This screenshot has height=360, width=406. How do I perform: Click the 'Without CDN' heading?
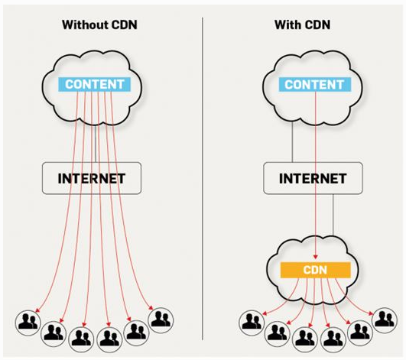pyautogui.click(x=99, y=25)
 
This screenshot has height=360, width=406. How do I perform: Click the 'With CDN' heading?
pyautogui.click(x=303, y=25)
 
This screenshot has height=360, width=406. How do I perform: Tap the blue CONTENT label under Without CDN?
pyautogui.click(x=95, y=84)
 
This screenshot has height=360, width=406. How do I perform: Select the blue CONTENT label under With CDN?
pyautogui.click(x=315, y=84)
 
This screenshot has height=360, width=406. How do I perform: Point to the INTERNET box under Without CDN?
pyautogui.click(x=92, y=178)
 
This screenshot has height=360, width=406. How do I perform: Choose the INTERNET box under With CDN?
pyautogui.click(x=313, y=178)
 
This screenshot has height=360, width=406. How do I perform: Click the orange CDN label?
pyautogui.click(x=316, y=270)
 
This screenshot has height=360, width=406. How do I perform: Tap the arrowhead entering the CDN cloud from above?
pyautogui.click(x=315, y=257)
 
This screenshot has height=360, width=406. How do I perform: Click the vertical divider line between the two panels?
pyautogui.click(x=203, y=179)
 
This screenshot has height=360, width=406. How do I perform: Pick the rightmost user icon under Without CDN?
pyautogui.click(x=161, y=320)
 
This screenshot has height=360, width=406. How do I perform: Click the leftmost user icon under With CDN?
pyautogui.click(x=252, y=323)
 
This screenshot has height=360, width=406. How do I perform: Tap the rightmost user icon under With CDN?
pyautogui.click(x=385, y=320)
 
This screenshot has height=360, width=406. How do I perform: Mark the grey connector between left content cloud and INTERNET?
pyautogui.click(x=96, y=144)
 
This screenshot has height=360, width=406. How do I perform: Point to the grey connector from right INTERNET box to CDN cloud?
pyautogui.click(x=333, y=215)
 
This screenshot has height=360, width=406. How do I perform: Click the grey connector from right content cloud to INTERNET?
pyautogui.click(x=293, y=142)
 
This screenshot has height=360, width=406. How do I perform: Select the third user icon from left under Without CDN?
pyautogui.click(x=82, y=339)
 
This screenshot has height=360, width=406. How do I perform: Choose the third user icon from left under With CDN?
pyautogui.click(x=305, y=339)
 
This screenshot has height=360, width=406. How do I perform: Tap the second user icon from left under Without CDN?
pyautogui.click(x=54, y=334)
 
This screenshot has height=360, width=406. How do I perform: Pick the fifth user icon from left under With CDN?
pyautogui.click(x=360, y=332)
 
